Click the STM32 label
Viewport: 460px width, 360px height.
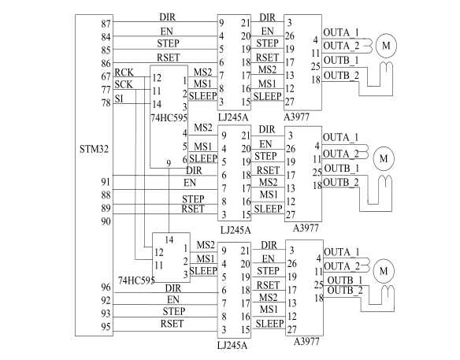click(94, 149)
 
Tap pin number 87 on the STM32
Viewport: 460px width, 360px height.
click(106, 24)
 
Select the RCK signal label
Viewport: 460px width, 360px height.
click(124, 72)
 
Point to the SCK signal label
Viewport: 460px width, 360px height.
click(124, 84)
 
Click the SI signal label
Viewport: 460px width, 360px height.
click(119, 98)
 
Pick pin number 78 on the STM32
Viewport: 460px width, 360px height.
click(106, 103)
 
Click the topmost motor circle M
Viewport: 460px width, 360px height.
click(386, 46)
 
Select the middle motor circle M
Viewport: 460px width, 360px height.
click(384, 158)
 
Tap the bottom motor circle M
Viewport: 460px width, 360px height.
click(384, 271)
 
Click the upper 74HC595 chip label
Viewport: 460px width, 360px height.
click(169, 118)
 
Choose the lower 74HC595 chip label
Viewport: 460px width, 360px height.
click(136, 280)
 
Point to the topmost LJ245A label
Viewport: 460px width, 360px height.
click(233, 117)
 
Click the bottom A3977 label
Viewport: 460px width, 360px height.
click(306, 342)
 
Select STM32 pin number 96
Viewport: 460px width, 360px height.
click(106, 288)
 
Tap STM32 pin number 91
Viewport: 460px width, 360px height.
click(106, 182)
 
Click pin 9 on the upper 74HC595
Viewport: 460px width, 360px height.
click(169, 163)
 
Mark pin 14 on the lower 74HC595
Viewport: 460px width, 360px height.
click(169, 240)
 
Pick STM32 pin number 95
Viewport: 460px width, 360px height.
click(106, 327)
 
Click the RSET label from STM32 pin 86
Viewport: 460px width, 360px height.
click(168, 58)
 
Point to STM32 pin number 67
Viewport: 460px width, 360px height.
click(106, 76)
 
